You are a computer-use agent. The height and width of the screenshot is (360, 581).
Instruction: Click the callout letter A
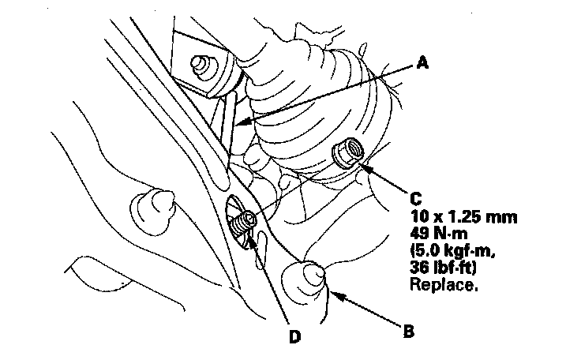pos(422,62)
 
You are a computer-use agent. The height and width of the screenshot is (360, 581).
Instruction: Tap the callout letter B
pos(408,331)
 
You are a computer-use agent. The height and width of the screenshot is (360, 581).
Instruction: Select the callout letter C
pos(416,199)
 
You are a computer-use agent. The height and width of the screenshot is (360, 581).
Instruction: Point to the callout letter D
pos(294,336)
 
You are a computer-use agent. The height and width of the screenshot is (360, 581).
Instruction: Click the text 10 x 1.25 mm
pos(463,216)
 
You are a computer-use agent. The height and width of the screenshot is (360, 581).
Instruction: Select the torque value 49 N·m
pos(439,233)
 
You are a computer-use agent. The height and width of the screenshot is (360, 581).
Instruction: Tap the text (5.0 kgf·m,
pos(453,250)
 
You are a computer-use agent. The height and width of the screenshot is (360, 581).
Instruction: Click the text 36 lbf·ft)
pos(443,268)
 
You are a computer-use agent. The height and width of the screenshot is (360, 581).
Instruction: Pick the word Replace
pos(442,284)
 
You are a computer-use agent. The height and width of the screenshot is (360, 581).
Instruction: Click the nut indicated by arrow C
pos(348,152)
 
